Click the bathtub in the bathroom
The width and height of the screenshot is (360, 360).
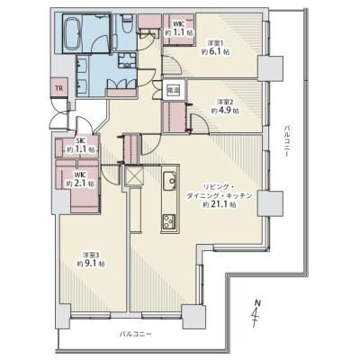point(72,34)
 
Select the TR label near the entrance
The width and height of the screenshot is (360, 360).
point(59,88)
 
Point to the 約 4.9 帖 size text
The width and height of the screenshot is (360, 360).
point(225,111)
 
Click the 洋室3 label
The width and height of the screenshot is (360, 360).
point(91,255)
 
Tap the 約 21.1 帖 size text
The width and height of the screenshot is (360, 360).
point(219,205)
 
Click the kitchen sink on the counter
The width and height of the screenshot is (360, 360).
point(170,181)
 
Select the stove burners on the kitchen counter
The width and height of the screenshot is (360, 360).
point(169,222)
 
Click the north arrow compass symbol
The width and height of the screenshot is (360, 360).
point(256,313)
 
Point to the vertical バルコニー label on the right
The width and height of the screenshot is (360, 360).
point(286,141)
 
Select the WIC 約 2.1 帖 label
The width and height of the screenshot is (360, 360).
point(80,179)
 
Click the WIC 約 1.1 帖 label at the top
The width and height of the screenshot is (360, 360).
point(179,29)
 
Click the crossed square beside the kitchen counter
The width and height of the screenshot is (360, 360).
point(134,175)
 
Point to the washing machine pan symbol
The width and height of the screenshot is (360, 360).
point(128,59)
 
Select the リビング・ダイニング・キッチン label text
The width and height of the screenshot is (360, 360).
point(220,191)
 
